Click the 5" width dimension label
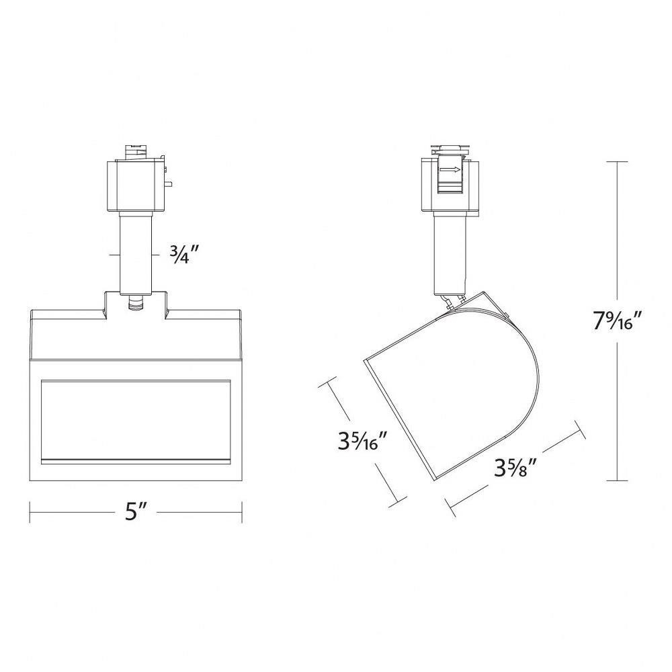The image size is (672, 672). [136, 511]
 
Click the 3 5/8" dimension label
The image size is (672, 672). [515, 468]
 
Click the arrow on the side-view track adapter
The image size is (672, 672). [450, 170]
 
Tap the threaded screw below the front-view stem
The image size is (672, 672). [136, 302]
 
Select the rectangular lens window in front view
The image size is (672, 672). [136, 421]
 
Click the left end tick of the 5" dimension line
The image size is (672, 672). [30, 512]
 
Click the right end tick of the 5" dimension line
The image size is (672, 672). [242, 512]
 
